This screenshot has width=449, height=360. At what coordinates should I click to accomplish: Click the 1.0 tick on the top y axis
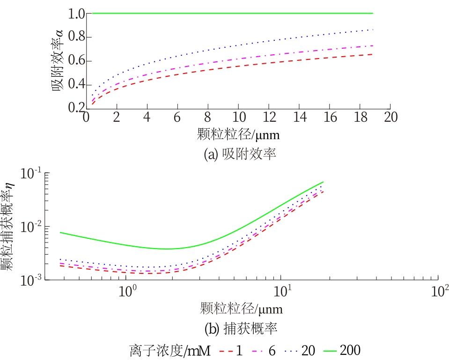coord(75,14)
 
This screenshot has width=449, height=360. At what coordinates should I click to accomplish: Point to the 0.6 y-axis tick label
coord(75,61)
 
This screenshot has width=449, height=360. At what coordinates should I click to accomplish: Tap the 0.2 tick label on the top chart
coord(75,108)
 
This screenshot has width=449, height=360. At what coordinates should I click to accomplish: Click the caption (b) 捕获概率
coord(241,329)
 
